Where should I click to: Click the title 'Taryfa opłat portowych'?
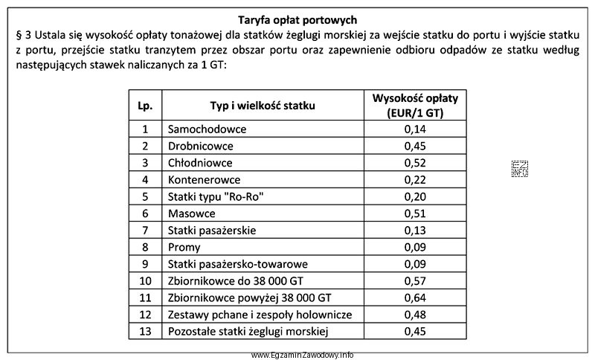[x=297, y=19]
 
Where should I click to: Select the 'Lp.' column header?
[x=145, y=106]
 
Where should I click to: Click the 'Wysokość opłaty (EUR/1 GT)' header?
[x=415, y=106]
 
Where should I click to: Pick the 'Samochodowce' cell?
[x=207, y=129]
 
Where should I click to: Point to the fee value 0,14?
[x=415, y=129]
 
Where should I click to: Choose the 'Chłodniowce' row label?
[x=200, y=162]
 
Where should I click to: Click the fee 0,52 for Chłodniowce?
[x=415, y=162]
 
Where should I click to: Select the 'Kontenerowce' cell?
[x=205, y=179]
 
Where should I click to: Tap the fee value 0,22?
[x=415, y=179]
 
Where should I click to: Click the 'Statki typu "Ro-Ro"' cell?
[x=216, y=196]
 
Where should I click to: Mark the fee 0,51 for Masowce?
[x=415, y=213]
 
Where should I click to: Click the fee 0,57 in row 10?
[x=415, y=280]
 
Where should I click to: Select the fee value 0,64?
[x=415, y=298]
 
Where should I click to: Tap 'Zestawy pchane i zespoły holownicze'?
[x=260, y=315]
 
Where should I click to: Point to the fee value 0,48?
[x=415, y=315]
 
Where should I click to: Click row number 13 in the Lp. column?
[x=145, y=332]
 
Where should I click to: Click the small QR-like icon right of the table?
[x=519, y=169]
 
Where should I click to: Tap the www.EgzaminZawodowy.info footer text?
[x=302, y=355]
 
